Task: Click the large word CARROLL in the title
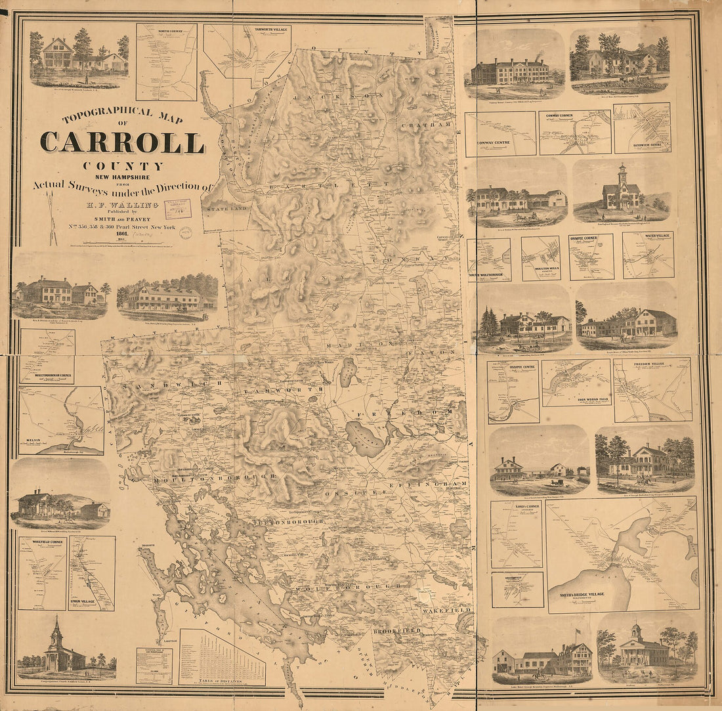tap(122, 142)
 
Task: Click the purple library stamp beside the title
tap(177, 209)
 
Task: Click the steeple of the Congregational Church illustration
tap(57, 627)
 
